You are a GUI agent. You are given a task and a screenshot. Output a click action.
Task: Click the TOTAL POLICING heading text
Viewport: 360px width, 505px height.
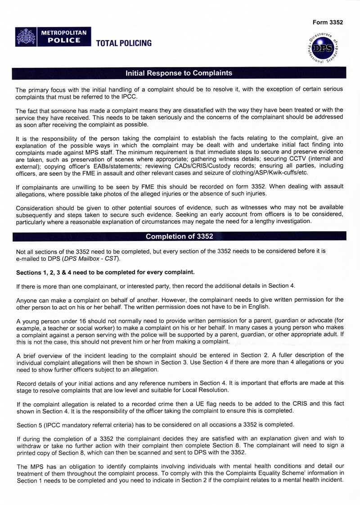[123, 43]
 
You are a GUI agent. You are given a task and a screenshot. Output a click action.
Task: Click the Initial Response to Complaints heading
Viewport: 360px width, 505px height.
[179, 73]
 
